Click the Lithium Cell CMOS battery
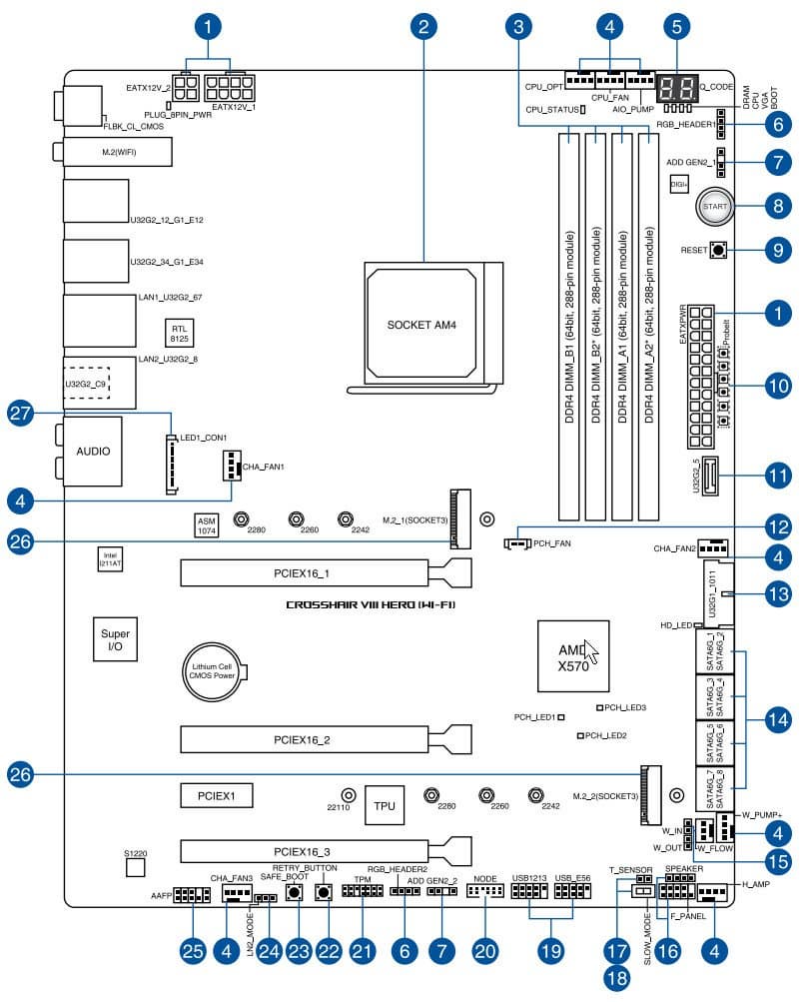tap(214, 674)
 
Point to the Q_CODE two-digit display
tap(688, 86)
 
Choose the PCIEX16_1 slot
tap(325, 572)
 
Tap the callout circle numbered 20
tap(484, 951)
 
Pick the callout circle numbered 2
tap(422, 26)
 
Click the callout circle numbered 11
tap(782, 476)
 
